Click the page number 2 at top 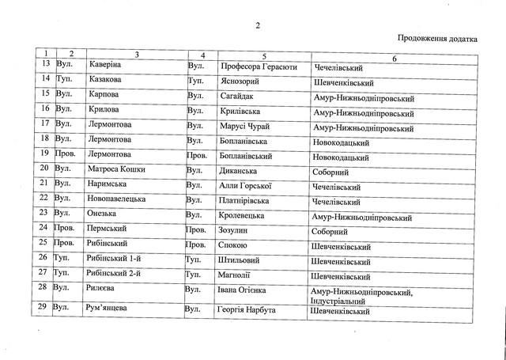[257, 25]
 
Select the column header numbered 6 [393, 55]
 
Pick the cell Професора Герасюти [248, 66]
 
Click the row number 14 [45, 80]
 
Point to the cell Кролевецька [239, 214]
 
